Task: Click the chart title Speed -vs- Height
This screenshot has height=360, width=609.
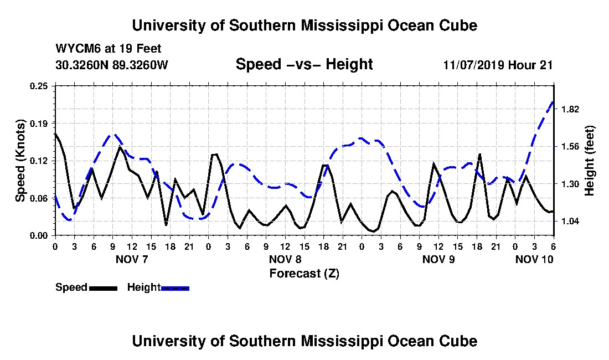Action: pos(304,64)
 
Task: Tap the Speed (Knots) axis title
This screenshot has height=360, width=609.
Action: pos(20,161)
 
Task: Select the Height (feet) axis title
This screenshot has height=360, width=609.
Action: pos(589,161)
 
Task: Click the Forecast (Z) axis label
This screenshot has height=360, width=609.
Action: pos(304,274)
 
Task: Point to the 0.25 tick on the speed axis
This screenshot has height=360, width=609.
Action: pos(39,86)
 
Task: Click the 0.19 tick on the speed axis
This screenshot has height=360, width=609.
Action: pos(39,124)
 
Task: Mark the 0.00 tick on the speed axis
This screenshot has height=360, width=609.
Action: pos(39,236)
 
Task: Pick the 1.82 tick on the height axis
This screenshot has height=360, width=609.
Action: pos(570,109)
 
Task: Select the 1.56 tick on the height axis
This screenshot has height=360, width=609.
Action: pos(570,146)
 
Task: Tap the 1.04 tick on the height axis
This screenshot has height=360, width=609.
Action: pos(570,222)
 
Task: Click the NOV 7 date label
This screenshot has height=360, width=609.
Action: pos(132,259)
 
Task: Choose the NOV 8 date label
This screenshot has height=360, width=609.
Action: pos(285,259)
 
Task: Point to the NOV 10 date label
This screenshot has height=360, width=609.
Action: pos(534,259)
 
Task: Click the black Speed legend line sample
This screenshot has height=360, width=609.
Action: pos(103,288)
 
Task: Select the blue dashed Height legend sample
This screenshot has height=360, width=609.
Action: pos(175,288)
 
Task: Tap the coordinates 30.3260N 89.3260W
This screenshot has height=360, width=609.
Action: pos(112,65)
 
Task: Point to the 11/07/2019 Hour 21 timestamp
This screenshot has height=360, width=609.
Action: pos(498,65)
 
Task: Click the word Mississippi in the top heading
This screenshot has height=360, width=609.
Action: pos(342,26)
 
